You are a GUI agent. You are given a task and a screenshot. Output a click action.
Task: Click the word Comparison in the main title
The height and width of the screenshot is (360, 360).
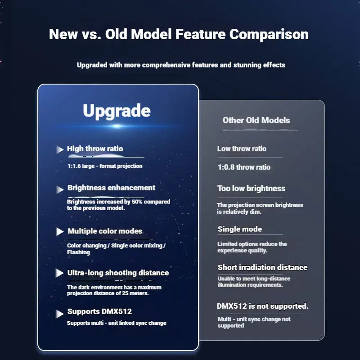click(x=269, y=35)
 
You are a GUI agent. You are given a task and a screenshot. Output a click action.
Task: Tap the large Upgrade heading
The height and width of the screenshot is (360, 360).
click(x=117, y=111)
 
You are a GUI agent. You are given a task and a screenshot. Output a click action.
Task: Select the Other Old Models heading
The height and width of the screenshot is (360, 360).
click(x=256, y=120)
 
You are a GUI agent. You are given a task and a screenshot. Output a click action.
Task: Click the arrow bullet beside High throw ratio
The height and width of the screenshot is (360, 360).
click(x=60, y=150)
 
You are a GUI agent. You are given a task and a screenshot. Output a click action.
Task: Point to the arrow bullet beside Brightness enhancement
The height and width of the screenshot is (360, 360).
click(x=60, y=189)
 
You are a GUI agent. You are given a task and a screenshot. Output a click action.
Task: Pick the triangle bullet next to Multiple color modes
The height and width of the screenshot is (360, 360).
click(x=60, y=231)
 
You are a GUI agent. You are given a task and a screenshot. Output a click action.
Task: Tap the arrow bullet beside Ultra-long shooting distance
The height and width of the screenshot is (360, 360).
click(x=60, y=273)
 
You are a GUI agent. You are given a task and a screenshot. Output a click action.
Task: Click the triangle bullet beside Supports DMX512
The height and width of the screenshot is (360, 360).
click(x=60, y=314)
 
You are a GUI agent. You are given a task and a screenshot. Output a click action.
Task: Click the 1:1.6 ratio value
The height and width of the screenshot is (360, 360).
click(x=74, y=166)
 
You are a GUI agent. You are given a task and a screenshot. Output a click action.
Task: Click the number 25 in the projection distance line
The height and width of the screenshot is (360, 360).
click(x=125, y=293)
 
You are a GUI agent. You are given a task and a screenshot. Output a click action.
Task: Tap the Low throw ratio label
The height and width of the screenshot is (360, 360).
click(x=242, y=149)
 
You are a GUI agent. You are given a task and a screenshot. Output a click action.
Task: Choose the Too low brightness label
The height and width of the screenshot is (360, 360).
click(x=252, y=189)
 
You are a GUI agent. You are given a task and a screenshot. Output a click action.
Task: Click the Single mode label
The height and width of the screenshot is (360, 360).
click(x=240, y=229)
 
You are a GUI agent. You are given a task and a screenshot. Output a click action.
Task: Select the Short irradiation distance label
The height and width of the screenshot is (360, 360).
click(x=263, y=267)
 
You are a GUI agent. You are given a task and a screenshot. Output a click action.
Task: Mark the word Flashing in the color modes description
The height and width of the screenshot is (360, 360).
click(x=78, y=252)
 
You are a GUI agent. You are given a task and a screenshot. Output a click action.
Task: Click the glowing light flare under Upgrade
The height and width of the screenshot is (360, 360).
click(x=117, y=126)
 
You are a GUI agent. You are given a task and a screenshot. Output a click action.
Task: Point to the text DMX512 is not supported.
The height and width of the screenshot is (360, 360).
click(x=262, y=306)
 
